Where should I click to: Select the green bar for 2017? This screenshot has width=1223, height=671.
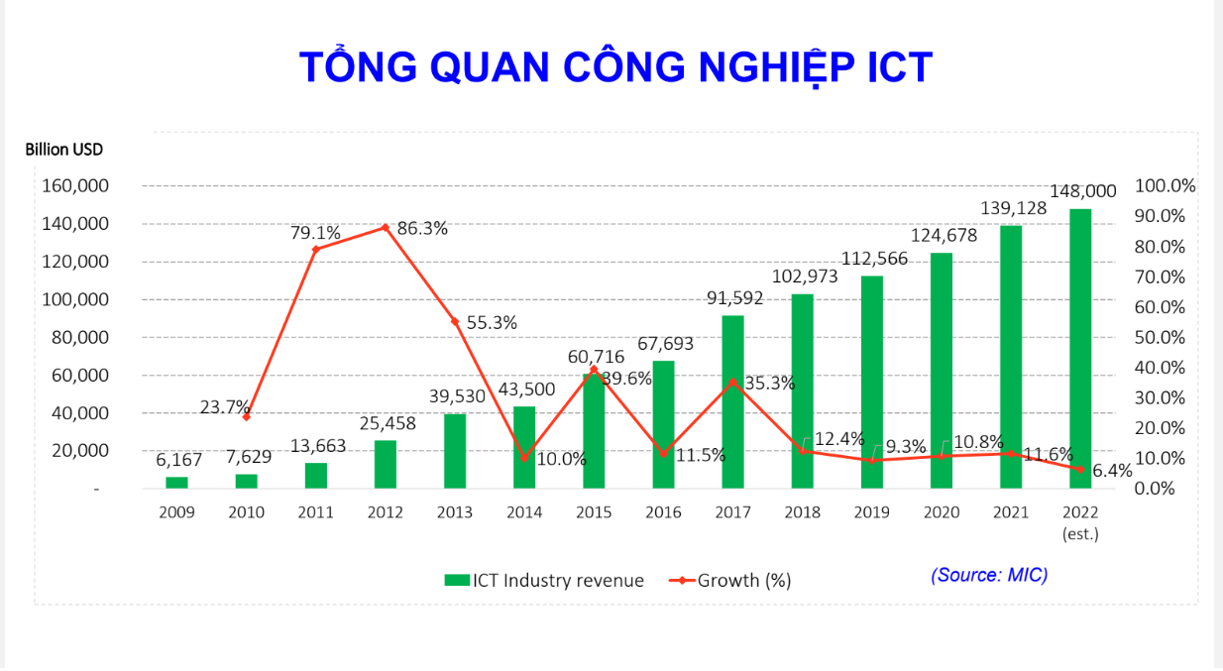(732, 401)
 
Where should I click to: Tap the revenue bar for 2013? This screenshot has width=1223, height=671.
(455, 451)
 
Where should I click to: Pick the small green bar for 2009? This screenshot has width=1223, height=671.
(176, 483)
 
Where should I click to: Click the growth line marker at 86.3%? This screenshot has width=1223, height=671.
(385, 227)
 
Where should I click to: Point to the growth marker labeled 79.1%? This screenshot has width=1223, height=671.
(315, 249)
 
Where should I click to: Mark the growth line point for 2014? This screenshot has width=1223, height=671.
(524, 458)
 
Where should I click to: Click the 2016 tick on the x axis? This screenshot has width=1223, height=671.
(663, 512)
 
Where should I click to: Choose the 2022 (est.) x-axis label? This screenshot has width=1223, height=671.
(1080, 522)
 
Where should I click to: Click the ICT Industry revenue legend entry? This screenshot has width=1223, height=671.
(544, 581)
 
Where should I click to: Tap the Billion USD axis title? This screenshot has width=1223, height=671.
(63, 150)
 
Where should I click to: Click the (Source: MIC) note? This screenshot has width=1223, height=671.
(988, 575)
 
